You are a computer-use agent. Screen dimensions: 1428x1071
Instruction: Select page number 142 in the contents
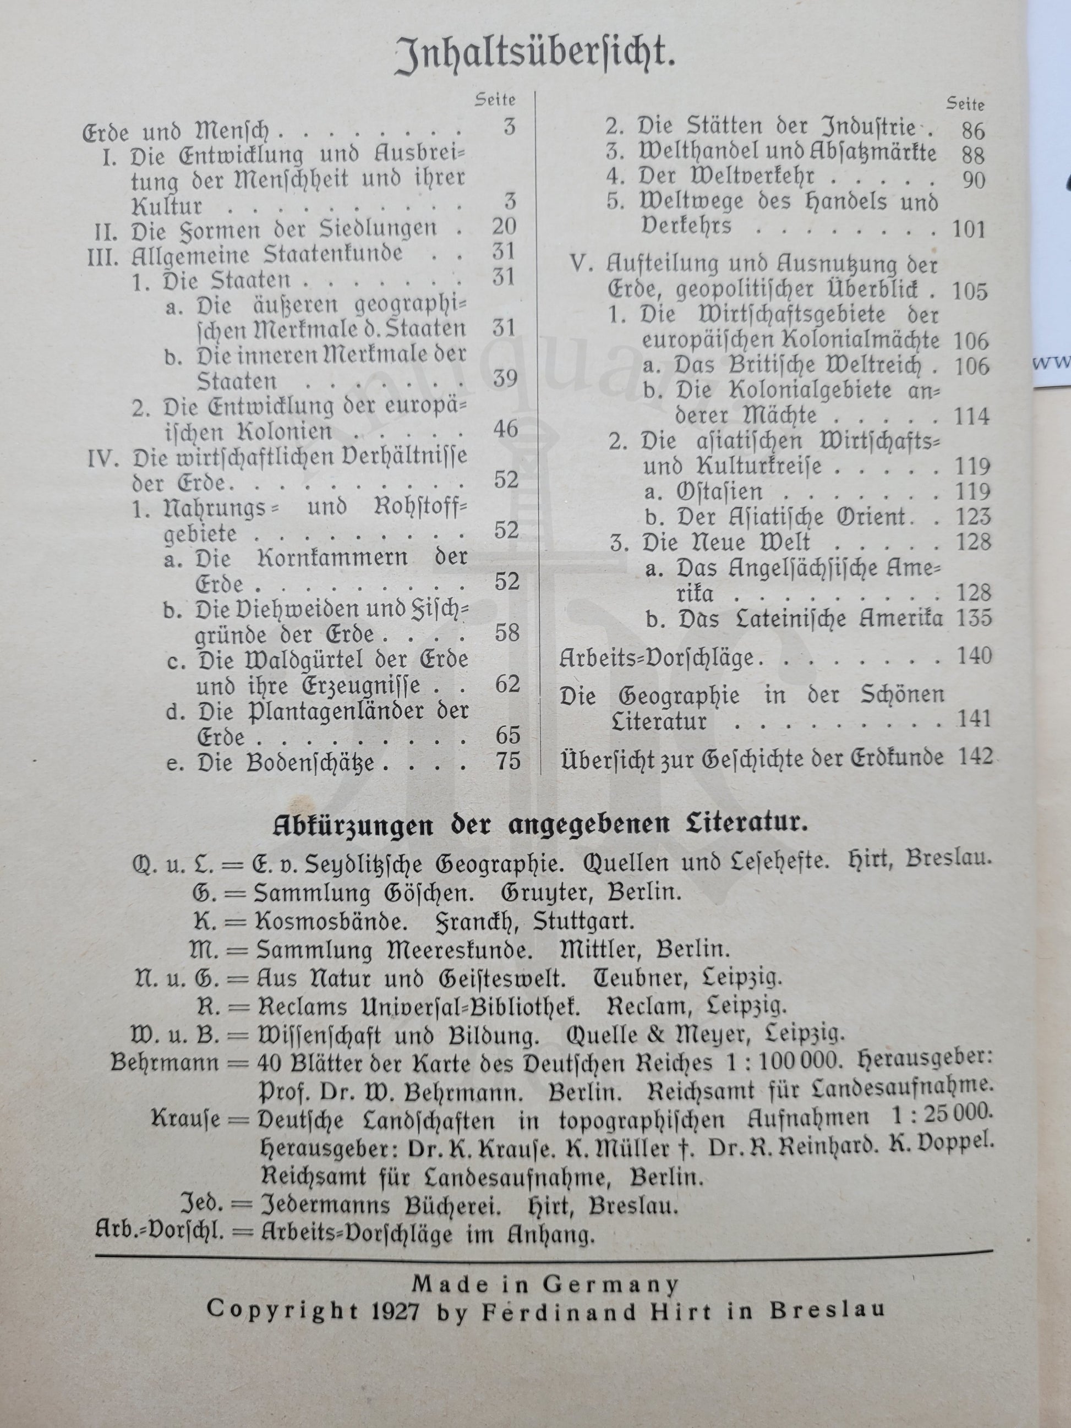tap(974, 756)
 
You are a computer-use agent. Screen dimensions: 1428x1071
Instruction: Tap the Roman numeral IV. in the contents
tap(103, 458)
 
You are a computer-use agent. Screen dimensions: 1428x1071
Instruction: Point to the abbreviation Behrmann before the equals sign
tap(164, 1062)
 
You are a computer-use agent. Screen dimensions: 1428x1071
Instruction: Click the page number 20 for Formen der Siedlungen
tap(504, 227)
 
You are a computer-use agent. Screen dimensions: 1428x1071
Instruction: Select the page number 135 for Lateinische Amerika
tap(974, 618)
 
